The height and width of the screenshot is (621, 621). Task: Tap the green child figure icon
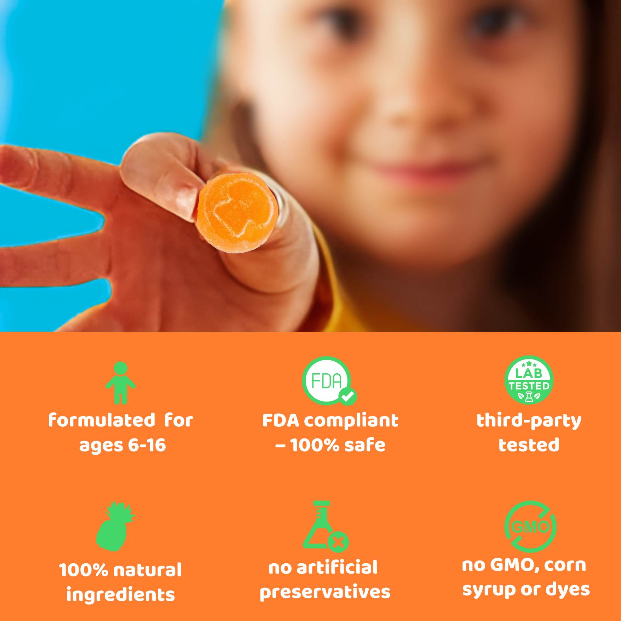(120, 383)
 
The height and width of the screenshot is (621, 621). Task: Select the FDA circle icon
(327, 380)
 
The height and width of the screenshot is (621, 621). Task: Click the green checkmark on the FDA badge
(347, 396)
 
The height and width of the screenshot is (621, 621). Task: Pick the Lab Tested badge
(529, 380)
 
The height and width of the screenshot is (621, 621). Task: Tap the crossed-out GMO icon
(530, 527)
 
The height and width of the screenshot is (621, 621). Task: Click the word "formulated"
(102, 420)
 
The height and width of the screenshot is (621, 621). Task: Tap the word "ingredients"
(121, 595)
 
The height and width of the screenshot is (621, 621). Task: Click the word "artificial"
(337, 568)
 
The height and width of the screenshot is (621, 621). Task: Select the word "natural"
(148, 570)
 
